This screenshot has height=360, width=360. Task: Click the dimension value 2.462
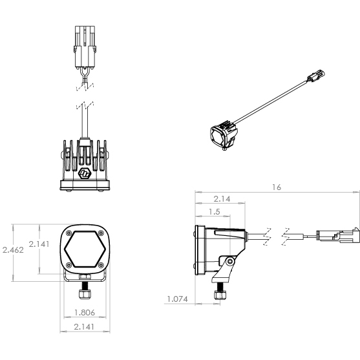13,249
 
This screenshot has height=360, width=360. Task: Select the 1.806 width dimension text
85,312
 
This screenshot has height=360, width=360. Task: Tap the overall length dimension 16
277,187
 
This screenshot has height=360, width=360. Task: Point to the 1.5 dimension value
215,212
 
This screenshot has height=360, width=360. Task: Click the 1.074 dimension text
178,299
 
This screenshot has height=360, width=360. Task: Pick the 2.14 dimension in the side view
222,199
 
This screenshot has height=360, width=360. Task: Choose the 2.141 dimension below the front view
84,326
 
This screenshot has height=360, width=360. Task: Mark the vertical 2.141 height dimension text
39,244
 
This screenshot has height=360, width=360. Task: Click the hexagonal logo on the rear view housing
85,173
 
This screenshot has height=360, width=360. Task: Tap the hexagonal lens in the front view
85,249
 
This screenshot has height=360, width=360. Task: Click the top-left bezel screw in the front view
69,233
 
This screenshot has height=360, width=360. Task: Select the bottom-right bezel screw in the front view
101,265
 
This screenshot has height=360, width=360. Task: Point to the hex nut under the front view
85,294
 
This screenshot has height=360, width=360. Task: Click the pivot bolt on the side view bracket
230,262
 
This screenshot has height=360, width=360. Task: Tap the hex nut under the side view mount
220,295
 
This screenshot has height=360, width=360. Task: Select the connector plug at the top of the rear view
85,47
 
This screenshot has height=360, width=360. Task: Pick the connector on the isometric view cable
316,76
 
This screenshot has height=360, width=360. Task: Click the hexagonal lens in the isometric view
217,136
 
